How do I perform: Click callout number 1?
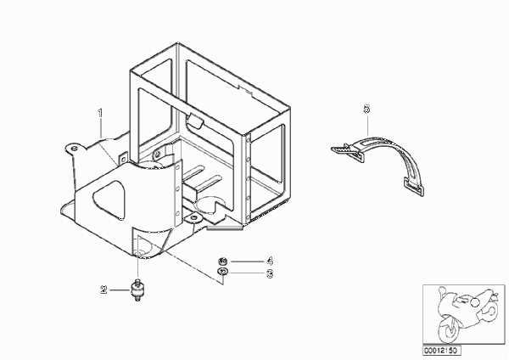[100, 113]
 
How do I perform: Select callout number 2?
[103, 290]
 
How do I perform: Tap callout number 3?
[270, 274]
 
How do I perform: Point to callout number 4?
[270, 262]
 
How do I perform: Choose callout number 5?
[366, 110]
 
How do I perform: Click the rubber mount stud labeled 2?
[137, 289]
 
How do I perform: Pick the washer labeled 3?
[222, 272]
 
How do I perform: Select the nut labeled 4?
[222, 262]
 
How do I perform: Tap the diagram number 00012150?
[441, 351]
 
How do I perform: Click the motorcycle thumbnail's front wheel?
[449, 330]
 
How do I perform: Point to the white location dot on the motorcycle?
[475, 302]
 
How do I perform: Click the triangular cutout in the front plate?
[109, 199]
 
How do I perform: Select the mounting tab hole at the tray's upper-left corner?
[74, 148]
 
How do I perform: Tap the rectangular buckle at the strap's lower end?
[414, 187]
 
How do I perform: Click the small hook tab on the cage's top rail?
[194, 120]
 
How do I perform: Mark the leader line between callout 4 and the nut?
[247, 262]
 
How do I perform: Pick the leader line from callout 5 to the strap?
[367, 125]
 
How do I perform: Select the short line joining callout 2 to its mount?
[120, 290]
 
